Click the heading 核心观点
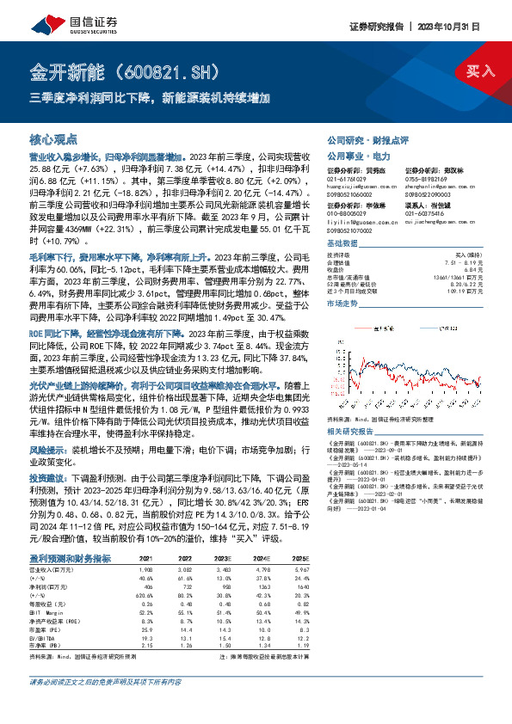click(53, 139)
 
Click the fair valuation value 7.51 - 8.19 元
click(461, 259)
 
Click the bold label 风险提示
click(49, 449)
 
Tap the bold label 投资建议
click(49, 475)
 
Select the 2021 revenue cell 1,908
click(146, 569)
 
